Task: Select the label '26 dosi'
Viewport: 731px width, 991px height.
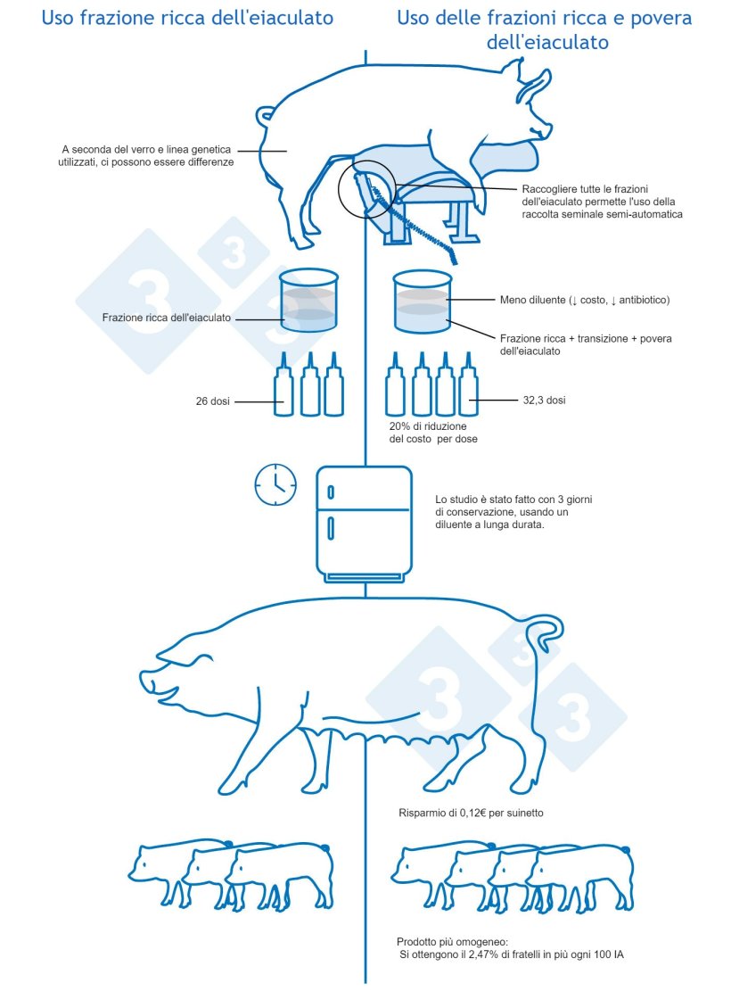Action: (212, 401)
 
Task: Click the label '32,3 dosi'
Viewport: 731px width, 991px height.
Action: (544, 401)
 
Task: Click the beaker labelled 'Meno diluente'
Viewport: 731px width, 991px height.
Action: (422, 303)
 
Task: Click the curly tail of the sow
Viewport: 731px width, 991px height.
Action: (545, 632)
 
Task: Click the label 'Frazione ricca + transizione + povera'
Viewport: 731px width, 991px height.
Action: (586, 339)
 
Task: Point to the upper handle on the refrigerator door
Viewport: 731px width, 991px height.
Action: (332, 492)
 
